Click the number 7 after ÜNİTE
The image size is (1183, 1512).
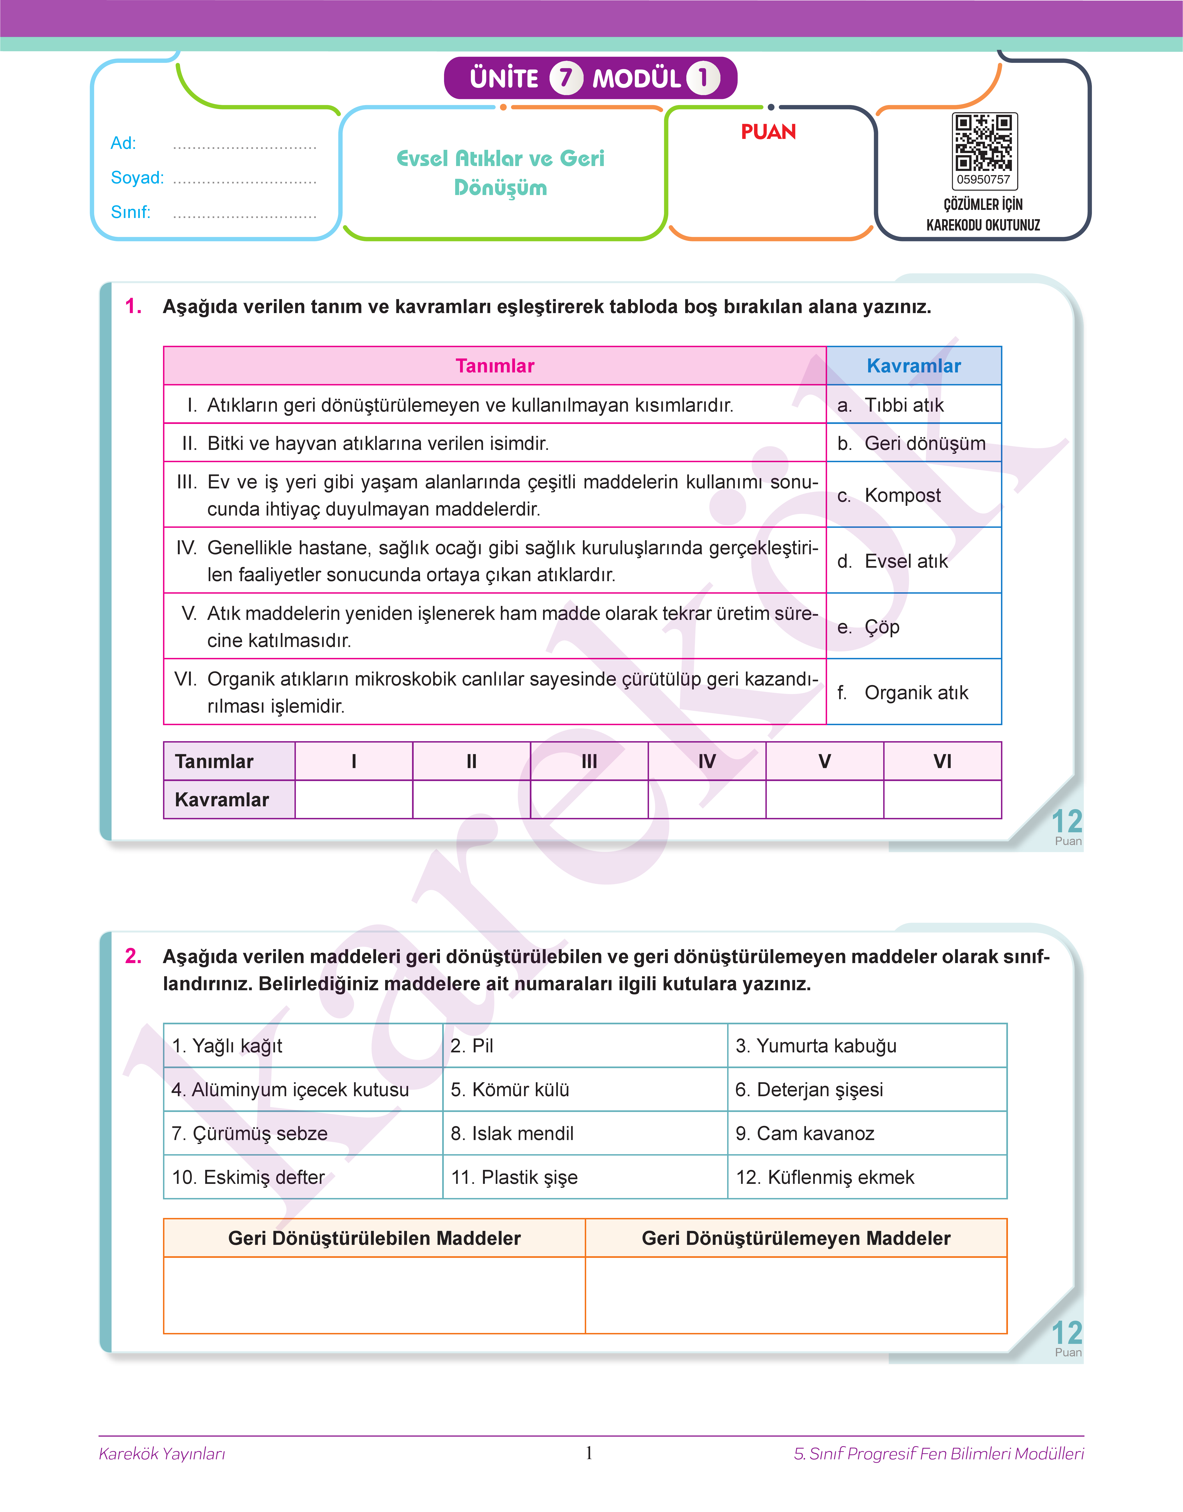566,78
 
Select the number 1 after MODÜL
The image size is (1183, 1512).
703,78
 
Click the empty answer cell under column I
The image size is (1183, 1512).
354,799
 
